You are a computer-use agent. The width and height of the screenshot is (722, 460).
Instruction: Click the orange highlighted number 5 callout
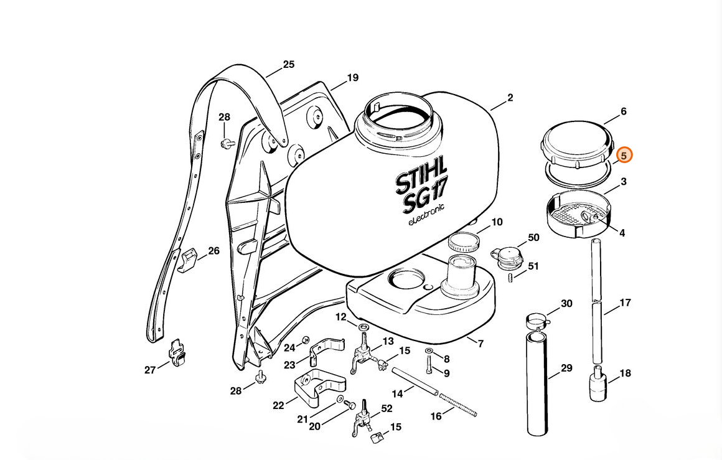coord(624,156)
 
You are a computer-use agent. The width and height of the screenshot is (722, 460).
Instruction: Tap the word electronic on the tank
coord(426,215)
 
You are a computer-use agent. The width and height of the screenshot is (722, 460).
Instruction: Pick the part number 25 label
coord(289,65)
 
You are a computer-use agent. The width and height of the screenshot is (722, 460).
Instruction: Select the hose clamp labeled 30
coord(538,321)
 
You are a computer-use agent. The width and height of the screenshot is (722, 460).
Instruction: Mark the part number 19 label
coord(353,78)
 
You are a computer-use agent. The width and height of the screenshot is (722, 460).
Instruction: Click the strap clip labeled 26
coord(187,260)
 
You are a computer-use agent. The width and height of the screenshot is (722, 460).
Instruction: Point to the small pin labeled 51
coord(510,278)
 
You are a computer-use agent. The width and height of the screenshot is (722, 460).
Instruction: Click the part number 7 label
coord(481,344)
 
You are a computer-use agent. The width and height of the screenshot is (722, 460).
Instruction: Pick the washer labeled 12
coord(363,327)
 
